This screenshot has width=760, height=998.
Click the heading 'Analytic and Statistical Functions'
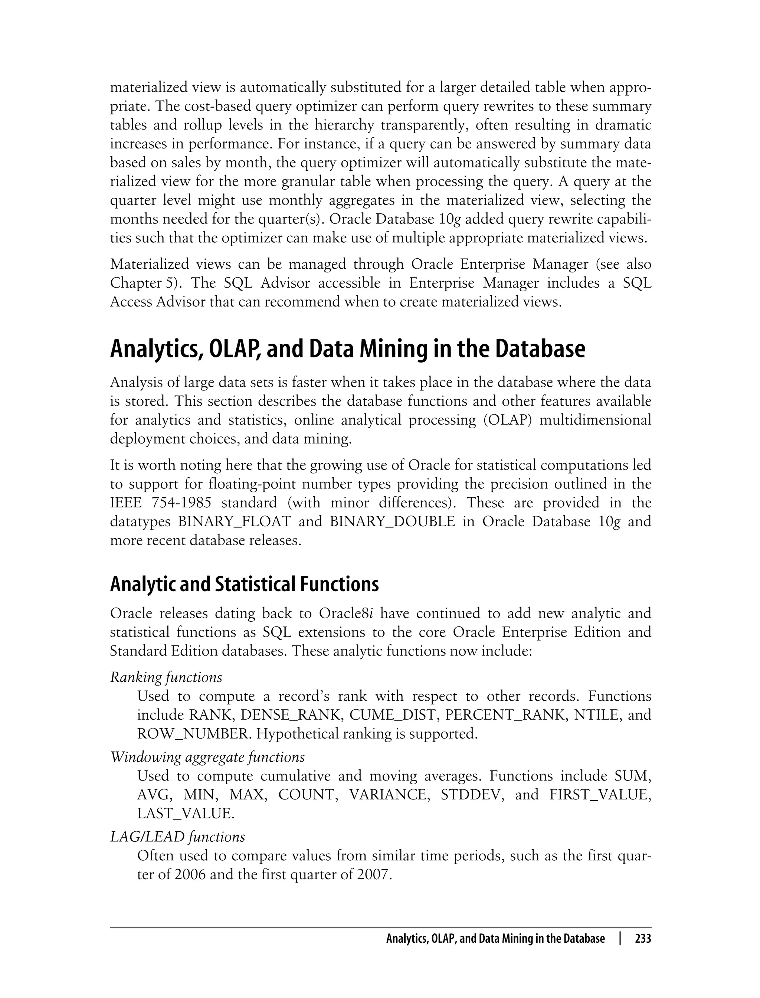click(x=244, y=584)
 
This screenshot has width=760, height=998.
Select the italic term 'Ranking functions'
click(x=166, y=677)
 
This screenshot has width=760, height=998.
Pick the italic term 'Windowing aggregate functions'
click(x=207, y=757)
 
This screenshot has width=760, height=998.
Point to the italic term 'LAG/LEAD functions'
click(x=177, y=837)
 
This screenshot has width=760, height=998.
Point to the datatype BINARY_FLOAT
click(x=234, y=521)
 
